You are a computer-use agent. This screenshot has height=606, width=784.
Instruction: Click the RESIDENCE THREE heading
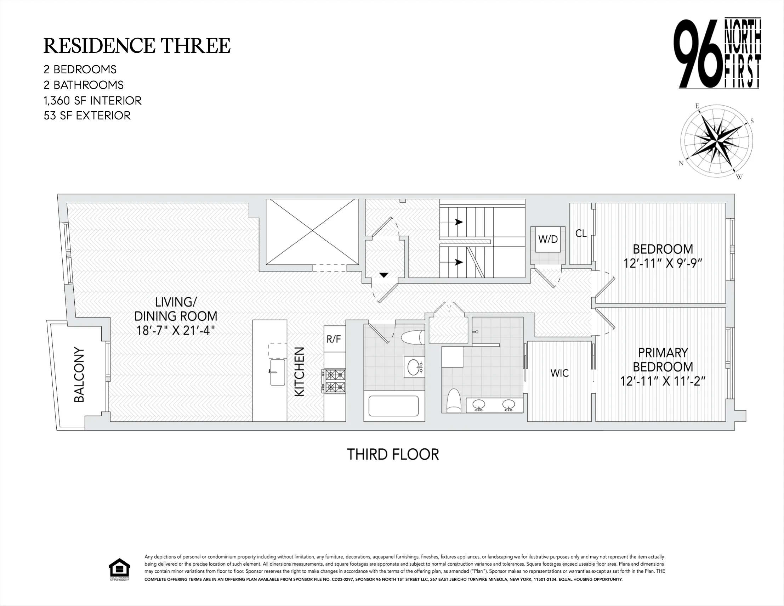[x=137, y=46]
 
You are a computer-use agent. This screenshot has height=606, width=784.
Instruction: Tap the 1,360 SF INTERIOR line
[x=93, y=101]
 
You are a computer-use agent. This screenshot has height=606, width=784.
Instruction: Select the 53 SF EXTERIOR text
[x=87, y=116]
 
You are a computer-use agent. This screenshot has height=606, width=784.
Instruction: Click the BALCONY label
[x=79, y=374]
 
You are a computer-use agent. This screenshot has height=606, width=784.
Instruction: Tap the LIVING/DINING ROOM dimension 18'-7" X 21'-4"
[x=176, y=330]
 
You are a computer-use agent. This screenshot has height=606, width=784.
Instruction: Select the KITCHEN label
[x=299, y=371]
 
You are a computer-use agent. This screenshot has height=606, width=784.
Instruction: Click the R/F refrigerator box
[x=334, y=339]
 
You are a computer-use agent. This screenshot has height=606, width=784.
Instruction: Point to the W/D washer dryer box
[x=548, y=239]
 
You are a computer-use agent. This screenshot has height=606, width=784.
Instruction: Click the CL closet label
[x=581, y=234]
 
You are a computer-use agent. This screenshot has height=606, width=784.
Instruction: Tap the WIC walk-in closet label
[x=559, y=373]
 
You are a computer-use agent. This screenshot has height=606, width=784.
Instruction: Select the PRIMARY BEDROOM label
[x=663, y=360]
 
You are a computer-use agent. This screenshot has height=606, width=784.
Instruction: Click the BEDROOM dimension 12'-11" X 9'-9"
[x=663, y=263]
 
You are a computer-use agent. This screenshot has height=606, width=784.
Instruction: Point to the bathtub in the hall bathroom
[x=393, y=406]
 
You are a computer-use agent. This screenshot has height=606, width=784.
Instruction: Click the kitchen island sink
[x=277, y=372]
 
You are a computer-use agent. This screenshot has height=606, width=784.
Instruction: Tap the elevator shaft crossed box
[x=312, y=232]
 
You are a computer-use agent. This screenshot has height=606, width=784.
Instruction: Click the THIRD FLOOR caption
[x=393, y=454]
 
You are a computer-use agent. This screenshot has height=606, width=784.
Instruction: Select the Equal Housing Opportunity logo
[x=120, y=569]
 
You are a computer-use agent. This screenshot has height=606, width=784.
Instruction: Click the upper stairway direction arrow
[x=459, y=222]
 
